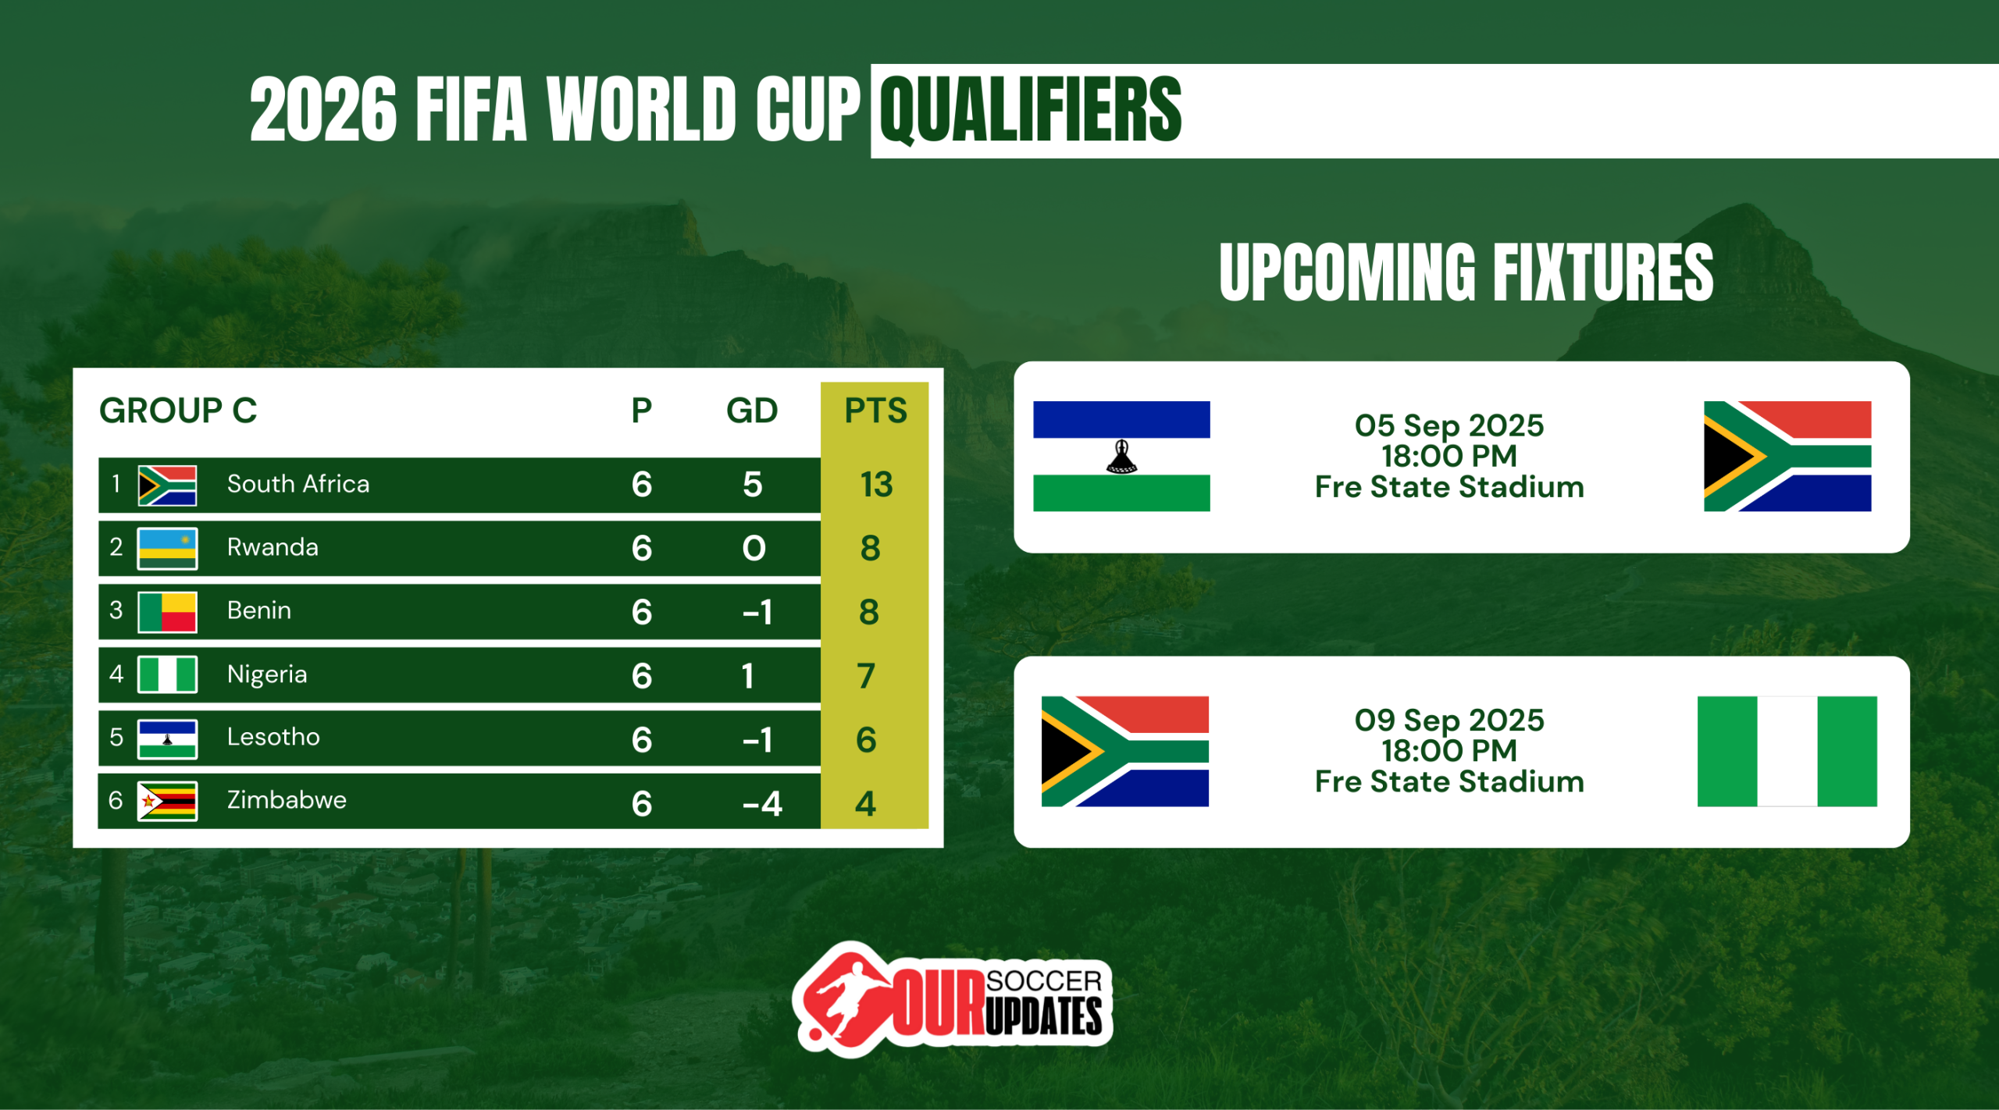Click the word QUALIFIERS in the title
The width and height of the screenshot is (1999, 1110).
coord(1031,110)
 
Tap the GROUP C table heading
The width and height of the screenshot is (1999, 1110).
coord(178,411)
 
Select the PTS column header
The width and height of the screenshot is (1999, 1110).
coord(875,411)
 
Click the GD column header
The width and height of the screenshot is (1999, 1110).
coord(752,411)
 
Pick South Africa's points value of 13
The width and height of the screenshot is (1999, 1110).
coord(876,485)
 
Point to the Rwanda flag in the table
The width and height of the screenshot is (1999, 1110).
coord(167,548)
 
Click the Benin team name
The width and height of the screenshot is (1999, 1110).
coord(259,610)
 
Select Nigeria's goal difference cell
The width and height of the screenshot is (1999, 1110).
coord(748,676)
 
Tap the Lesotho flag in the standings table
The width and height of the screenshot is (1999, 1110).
coord(167,739)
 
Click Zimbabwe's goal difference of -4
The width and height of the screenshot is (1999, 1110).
coord(762,804)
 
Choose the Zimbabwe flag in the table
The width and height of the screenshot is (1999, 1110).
coord(167,802)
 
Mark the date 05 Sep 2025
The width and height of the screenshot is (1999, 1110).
coord(1449,425)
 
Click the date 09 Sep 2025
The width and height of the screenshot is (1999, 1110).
coord(1449,720)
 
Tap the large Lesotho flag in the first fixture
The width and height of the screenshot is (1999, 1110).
coord(1121,457)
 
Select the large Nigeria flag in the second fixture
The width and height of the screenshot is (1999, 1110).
coord(1787,751)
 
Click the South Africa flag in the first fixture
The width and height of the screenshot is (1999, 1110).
coord(1787,457)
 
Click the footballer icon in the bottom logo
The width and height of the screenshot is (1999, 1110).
coord(843,999)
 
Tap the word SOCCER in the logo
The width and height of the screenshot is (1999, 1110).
coord(1044,981)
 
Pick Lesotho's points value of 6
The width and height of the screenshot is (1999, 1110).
coord(866,740)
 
